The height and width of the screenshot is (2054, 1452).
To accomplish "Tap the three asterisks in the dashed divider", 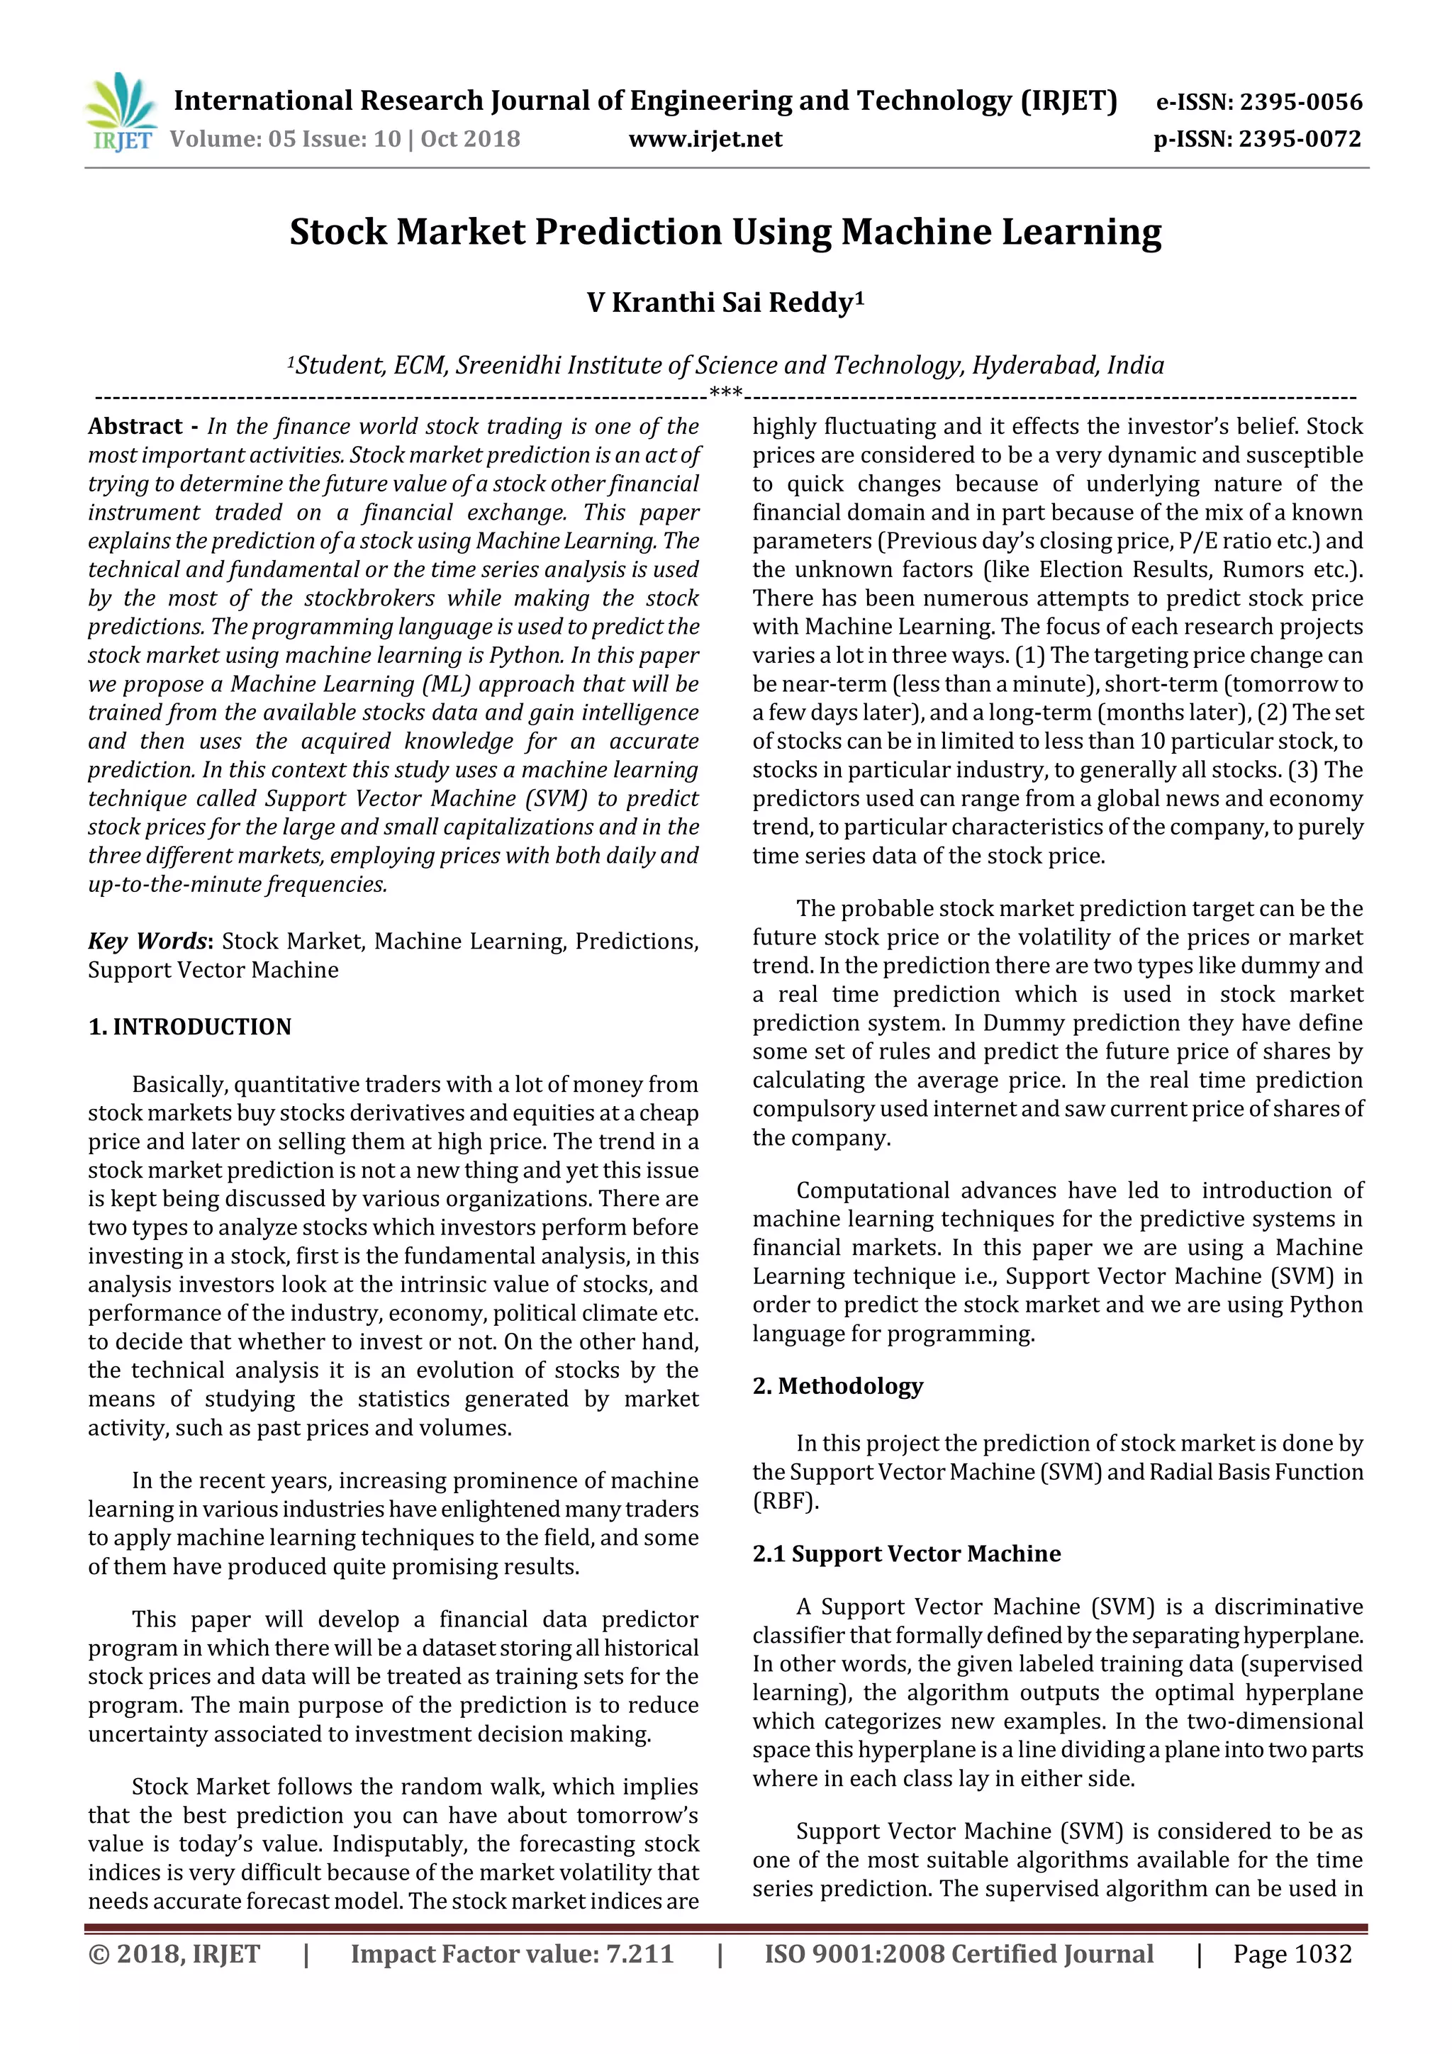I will click(x=725, y=393).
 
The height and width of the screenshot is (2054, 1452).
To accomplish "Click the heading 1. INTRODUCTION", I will click(x=190, y=1026).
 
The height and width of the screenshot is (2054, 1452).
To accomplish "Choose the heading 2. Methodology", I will click(x=837, y=1385).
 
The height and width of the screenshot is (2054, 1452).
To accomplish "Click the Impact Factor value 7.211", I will click(x=640, y=1954).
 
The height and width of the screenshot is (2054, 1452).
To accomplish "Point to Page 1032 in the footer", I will click(x=1292, y=1954).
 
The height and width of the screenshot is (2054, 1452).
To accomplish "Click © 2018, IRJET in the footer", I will click(x=174, y=1954).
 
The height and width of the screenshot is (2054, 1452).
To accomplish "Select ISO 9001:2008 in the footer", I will click(x=854, y=1954).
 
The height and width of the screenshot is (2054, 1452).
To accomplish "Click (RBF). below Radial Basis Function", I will click(x=786, y=1500).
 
